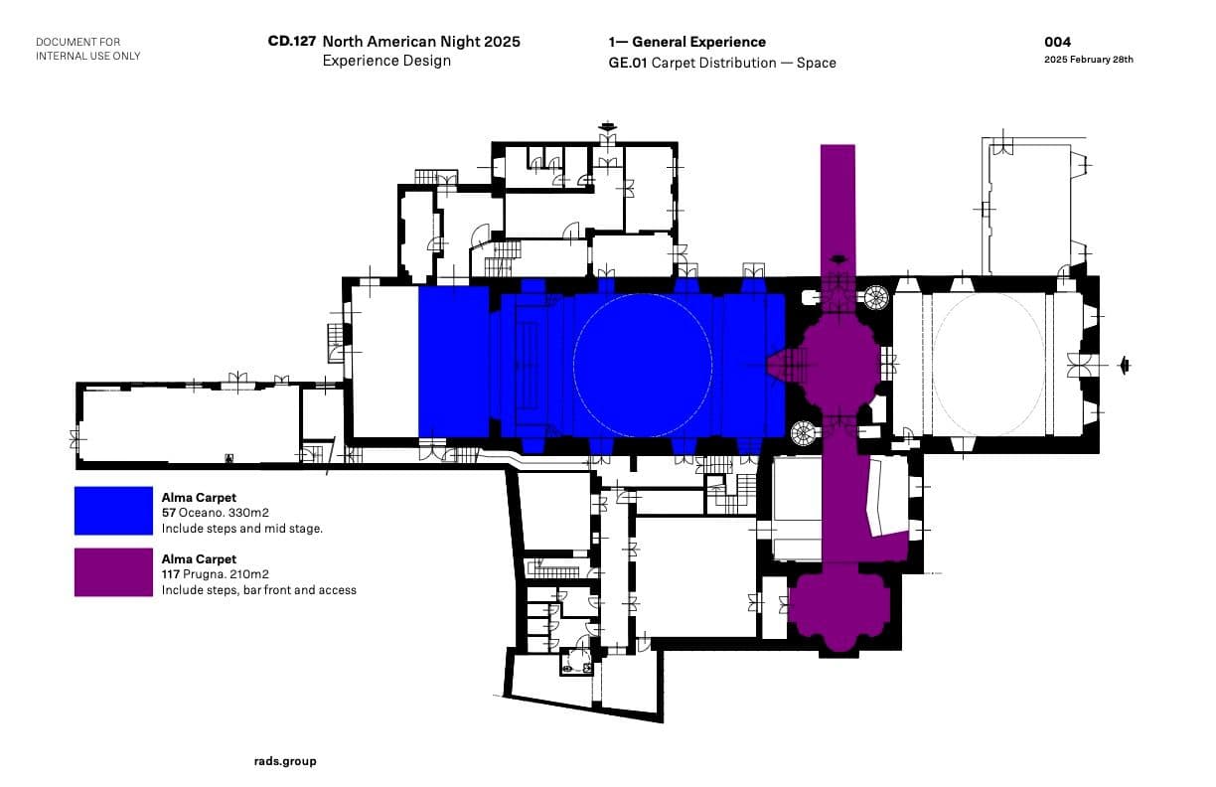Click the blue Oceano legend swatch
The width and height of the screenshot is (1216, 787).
[113, 511]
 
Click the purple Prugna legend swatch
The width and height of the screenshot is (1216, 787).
[113, 572]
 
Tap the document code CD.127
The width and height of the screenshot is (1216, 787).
[291, 42]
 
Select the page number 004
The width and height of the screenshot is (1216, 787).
[1057, 42]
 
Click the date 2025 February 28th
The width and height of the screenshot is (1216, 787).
[1089, 60]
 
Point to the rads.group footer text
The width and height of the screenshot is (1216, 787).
[285, 761]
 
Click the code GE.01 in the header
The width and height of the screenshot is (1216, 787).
[628, 63]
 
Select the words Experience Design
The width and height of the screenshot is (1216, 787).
[386, 61]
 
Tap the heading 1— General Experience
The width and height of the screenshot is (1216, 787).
[687, 42]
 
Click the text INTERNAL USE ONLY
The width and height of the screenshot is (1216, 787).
[88, 56]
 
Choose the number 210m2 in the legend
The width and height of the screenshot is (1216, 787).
[249, 574]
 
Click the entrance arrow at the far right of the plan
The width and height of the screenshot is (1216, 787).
[1124, 365]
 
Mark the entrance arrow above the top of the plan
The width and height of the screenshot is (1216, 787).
[607, 126]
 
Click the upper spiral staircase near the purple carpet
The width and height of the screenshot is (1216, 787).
[874, 298]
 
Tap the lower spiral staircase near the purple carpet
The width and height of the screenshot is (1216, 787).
[804, 433]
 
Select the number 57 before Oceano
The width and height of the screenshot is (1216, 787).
[169, 513]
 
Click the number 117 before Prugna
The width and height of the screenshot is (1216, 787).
[171, 574]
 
